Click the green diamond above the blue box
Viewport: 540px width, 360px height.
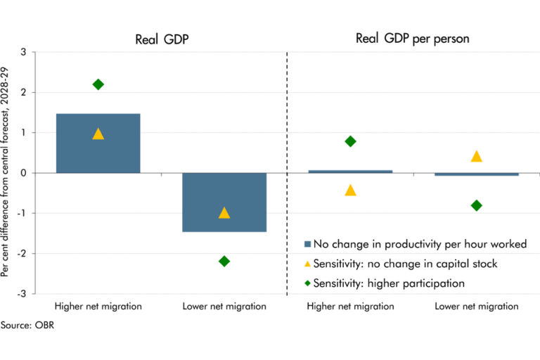coord(98,84)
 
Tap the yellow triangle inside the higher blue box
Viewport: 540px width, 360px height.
coord(98,134)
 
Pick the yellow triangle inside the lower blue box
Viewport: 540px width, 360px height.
coord(224,212)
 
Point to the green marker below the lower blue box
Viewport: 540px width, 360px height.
coord(224,262)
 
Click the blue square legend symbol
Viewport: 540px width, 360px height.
coord(307,245)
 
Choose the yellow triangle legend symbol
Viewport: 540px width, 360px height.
coord(307,264)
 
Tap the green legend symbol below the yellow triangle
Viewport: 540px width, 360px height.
coord(307,283)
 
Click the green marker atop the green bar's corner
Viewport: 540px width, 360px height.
coord(349,139)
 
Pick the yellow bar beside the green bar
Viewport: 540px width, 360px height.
coord(505,161)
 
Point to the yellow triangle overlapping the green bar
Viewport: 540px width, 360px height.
coord(476,154)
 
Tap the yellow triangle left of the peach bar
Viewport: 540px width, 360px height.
coord(349,188)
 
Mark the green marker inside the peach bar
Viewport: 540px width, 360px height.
coord(476,206)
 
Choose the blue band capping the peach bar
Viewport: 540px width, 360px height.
coord(477,179)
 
